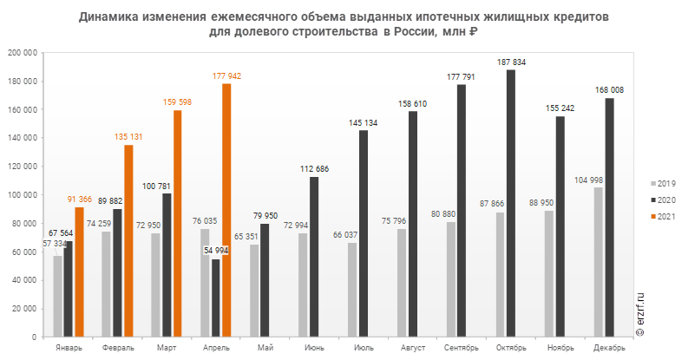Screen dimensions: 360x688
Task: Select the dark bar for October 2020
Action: tap(511, 203)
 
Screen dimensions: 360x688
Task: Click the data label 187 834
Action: tap(511, 62)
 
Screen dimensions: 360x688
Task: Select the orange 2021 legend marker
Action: tap(653, 216)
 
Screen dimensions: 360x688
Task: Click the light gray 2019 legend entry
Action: tap(665, 184)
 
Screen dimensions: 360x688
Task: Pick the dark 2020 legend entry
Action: tap(665, 200)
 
